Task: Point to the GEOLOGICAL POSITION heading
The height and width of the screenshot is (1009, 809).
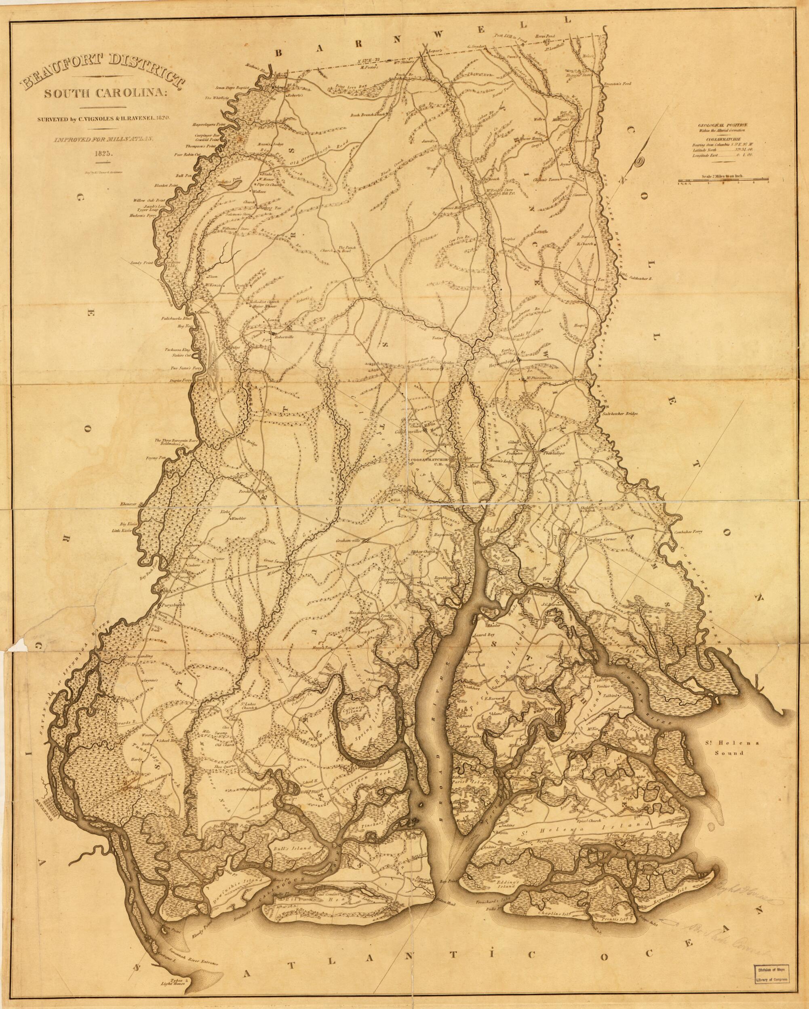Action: coord(723,125)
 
